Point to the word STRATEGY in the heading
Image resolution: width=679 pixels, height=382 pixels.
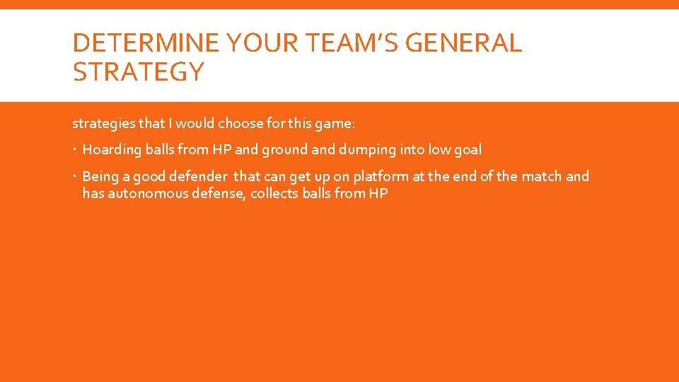tap(138, 71)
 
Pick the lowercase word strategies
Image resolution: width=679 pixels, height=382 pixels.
tap(103, 124)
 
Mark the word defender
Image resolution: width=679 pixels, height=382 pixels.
tap(199, 177)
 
